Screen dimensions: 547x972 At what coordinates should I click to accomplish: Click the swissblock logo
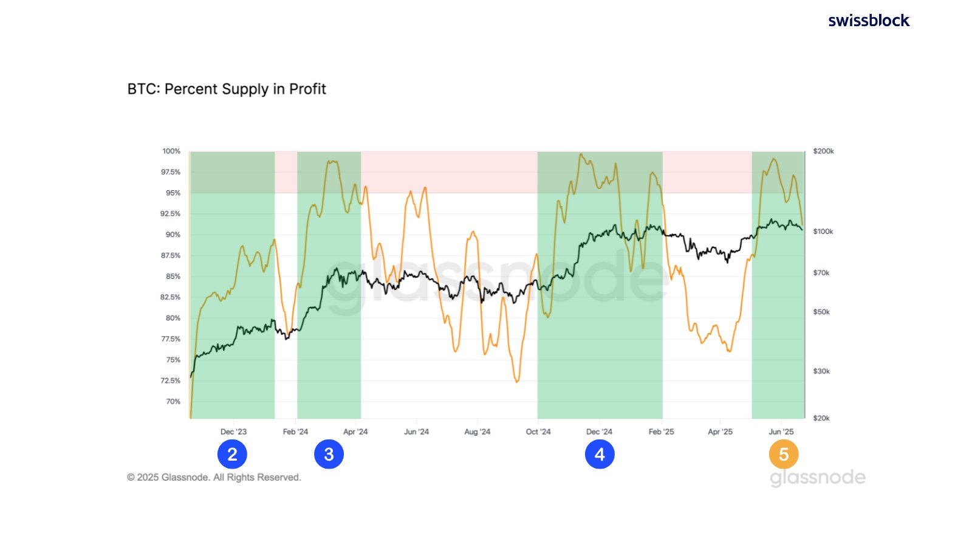click(869, 21)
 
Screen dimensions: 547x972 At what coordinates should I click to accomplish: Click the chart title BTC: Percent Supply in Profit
click(227, 89)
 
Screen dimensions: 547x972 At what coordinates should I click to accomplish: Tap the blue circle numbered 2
click(232, 454)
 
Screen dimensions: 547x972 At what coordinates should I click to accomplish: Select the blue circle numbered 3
click(329, 454)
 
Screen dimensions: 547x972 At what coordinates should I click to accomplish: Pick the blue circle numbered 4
click(600, 454)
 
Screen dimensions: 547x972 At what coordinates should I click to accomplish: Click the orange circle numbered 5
click(784, 454)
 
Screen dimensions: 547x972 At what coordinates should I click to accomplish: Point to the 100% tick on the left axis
click(171, 151)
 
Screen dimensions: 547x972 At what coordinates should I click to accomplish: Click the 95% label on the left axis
click(173, 193)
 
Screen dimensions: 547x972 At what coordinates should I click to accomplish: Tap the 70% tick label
click(173, 402)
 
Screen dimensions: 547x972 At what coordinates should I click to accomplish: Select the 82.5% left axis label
click(170, 297)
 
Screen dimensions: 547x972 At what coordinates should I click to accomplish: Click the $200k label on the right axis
click(823, 151)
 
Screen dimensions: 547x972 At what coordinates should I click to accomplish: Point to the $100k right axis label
click(823, 232)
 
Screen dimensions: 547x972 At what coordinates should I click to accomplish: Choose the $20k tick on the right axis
click(821, 418)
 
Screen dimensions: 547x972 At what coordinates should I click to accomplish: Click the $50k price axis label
click(821, 312)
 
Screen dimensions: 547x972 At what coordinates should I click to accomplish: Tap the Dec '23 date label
click(233, 432)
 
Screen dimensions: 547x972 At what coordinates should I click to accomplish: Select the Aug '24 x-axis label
click(477, 432)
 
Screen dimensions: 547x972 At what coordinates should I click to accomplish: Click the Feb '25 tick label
click(661, 432)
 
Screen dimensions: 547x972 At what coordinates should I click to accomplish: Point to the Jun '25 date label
click(781, 432)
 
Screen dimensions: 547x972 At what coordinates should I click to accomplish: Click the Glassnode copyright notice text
click(214, 478)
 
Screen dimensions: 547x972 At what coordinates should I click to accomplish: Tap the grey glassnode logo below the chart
click(818, 478)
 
